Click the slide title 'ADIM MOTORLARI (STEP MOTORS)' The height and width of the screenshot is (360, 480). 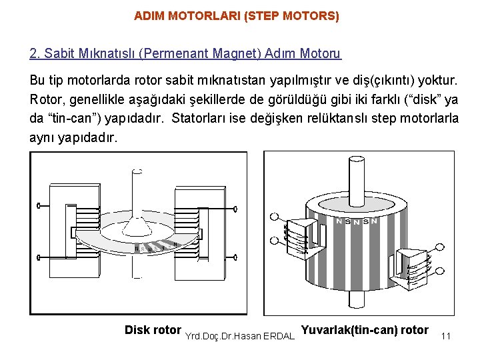[x=236, y=15]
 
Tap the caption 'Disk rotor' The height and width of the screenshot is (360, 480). [x=153, y=330]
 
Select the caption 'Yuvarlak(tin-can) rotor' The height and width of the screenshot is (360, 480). [x=365, y=329]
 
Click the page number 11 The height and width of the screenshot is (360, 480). [x=446, y=337]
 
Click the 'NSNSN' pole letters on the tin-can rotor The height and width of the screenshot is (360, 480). [x=357, y=221]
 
